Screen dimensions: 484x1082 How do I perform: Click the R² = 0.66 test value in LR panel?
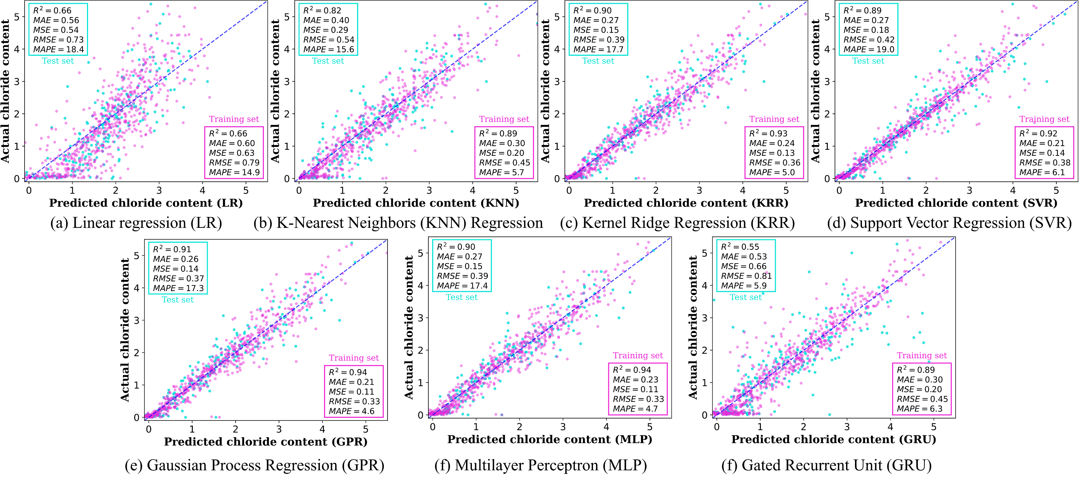52,10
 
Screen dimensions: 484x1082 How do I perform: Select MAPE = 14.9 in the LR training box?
234,172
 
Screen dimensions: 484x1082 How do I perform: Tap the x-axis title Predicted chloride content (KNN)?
416,203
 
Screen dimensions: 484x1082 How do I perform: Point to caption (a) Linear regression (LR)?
136,223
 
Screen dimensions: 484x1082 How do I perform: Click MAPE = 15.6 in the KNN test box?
328,49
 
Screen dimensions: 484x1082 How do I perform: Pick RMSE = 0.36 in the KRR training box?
775,162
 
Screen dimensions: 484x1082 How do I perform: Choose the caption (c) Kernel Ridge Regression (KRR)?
677,223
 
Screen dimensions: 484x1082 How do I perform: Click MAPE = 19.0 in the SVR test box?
869,49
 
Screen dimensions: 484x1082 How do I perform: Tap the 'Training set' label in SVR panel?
1044,119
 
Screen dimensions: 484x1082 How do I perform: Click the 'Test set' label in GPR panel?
178,300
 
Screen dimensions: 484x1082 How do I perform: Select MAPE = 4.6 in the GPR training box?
352,411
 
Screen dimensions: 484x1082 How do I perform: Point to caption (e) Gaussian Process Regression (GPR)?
255,465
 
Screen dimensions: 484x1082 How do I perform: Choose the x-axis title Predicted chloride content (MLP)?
550,439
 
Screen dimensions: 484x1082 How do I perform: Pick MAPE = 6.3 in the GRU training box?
920,409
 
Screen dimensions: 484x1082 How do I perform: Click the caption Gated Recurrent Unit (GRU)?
827,465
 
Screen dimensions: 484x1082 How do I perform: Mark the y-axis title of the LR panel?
6,91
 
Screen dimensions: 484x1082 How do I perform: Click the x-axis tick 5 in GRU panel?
934,427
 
